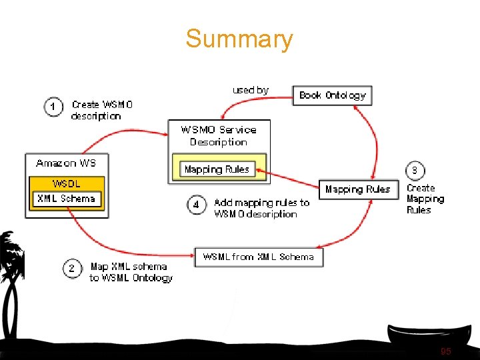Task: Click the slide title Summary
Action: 239,39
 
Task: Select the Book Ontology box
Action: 332,95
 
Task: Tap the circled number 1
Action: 54,107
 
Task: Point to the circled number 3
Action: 414,171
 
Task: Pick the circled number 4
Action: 196,205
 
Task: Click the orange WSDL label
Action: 66,183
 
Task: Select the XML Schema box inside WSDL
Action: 66,199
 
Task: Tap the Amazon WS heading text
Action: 65,163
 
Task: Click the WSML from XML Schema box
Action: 259,257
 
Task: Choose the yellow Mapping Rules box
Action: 217,169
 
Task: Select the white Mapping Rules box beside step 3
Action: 358,189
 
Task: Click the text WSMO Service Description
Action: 219,135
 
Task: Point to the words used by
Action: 250,90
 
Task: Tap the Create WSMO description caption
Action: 101,110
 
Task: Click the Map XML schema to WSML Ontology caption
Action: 131,272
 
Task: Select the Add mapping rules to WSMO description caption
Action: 261,208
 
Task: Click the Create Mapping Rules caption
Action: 425,199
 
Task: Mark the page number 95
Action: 445,351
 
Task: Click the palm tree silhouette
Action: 12,280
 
